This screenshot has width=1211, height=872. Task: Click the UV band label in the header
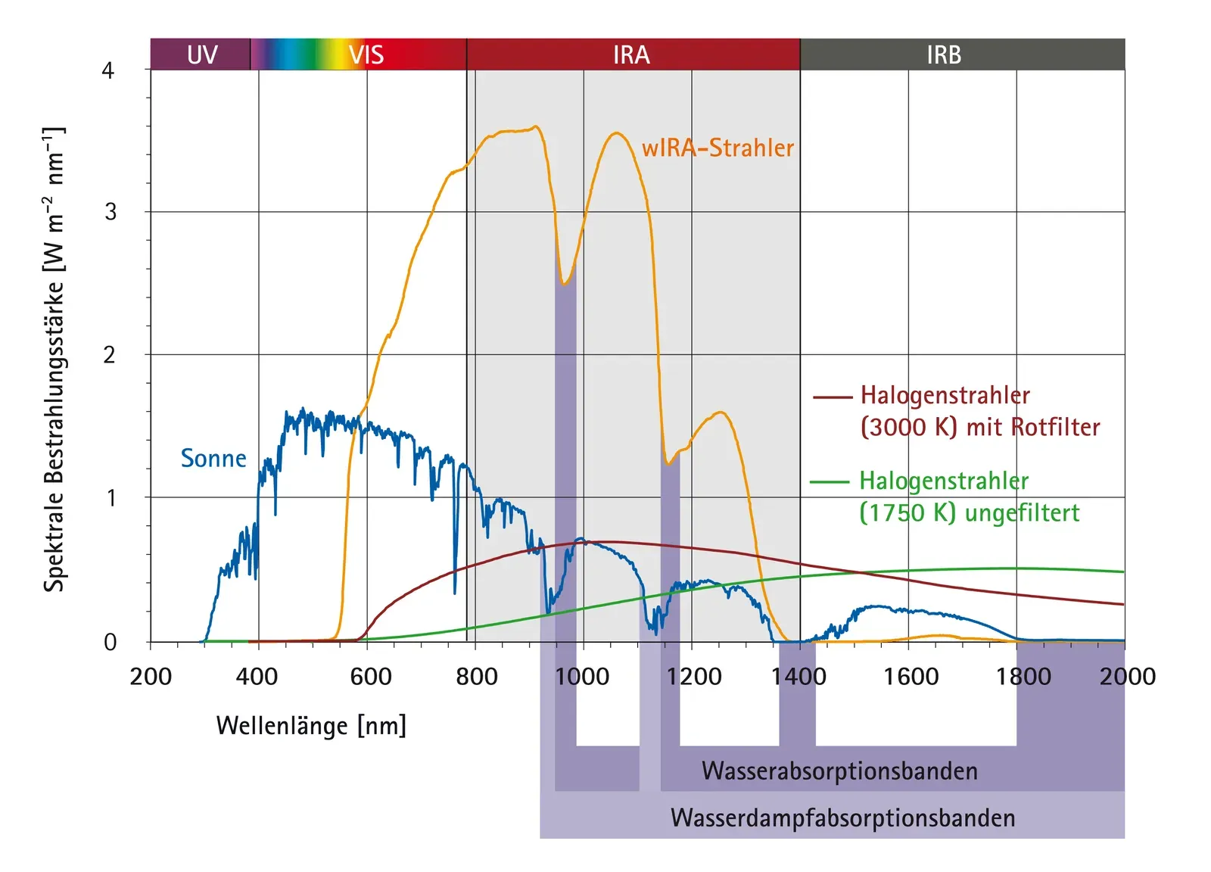click(202, 54)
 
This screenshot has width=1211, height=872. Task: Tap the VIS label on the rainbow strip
click(366, 54)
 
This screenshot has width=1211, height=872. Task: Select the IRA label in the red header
click(631, 54)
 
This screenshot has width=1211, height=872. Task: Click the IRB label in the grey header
click(944, 54)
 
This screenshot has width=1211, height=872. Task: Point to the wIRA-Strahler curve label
click(718, 148)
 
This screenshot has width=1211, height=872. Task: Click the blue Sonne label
click(213, 458)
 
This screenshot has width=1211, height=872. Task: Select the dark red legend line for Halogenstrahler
click(833, 396)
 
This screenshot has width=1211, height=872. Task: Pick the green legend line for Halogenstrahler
click(830, 481)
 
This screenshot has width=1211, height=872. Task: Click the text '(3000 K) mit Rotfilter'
click(980, 427)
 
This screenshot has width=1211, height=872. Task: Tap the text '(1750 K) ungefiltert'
click(970, 512)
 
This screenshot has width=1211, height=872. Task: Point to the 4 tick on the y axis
click(108, 70)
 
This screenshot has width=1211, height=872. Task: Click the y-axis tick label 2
click(110, 354)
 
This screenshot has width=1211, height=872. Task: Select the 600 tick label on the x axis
click(370, 676)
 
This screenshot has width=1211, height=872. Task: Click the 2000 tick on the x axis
click(1127, 676)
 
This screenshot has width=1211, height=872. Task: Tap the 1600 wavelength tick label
click(911, 676)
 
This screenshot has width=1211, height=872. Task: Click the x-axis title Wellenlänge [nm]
click(311, 725)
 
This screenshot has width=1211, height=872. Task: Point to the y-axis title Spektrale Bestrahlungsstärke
click(54, 360)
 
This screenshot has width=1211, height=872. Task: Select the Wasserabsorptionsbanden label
click(839, 771)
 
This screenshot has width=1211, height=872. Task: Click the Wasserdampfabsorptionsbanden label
click(842, 817)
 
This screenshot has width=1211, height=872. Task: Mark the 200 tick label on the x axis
click(151, 676)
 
